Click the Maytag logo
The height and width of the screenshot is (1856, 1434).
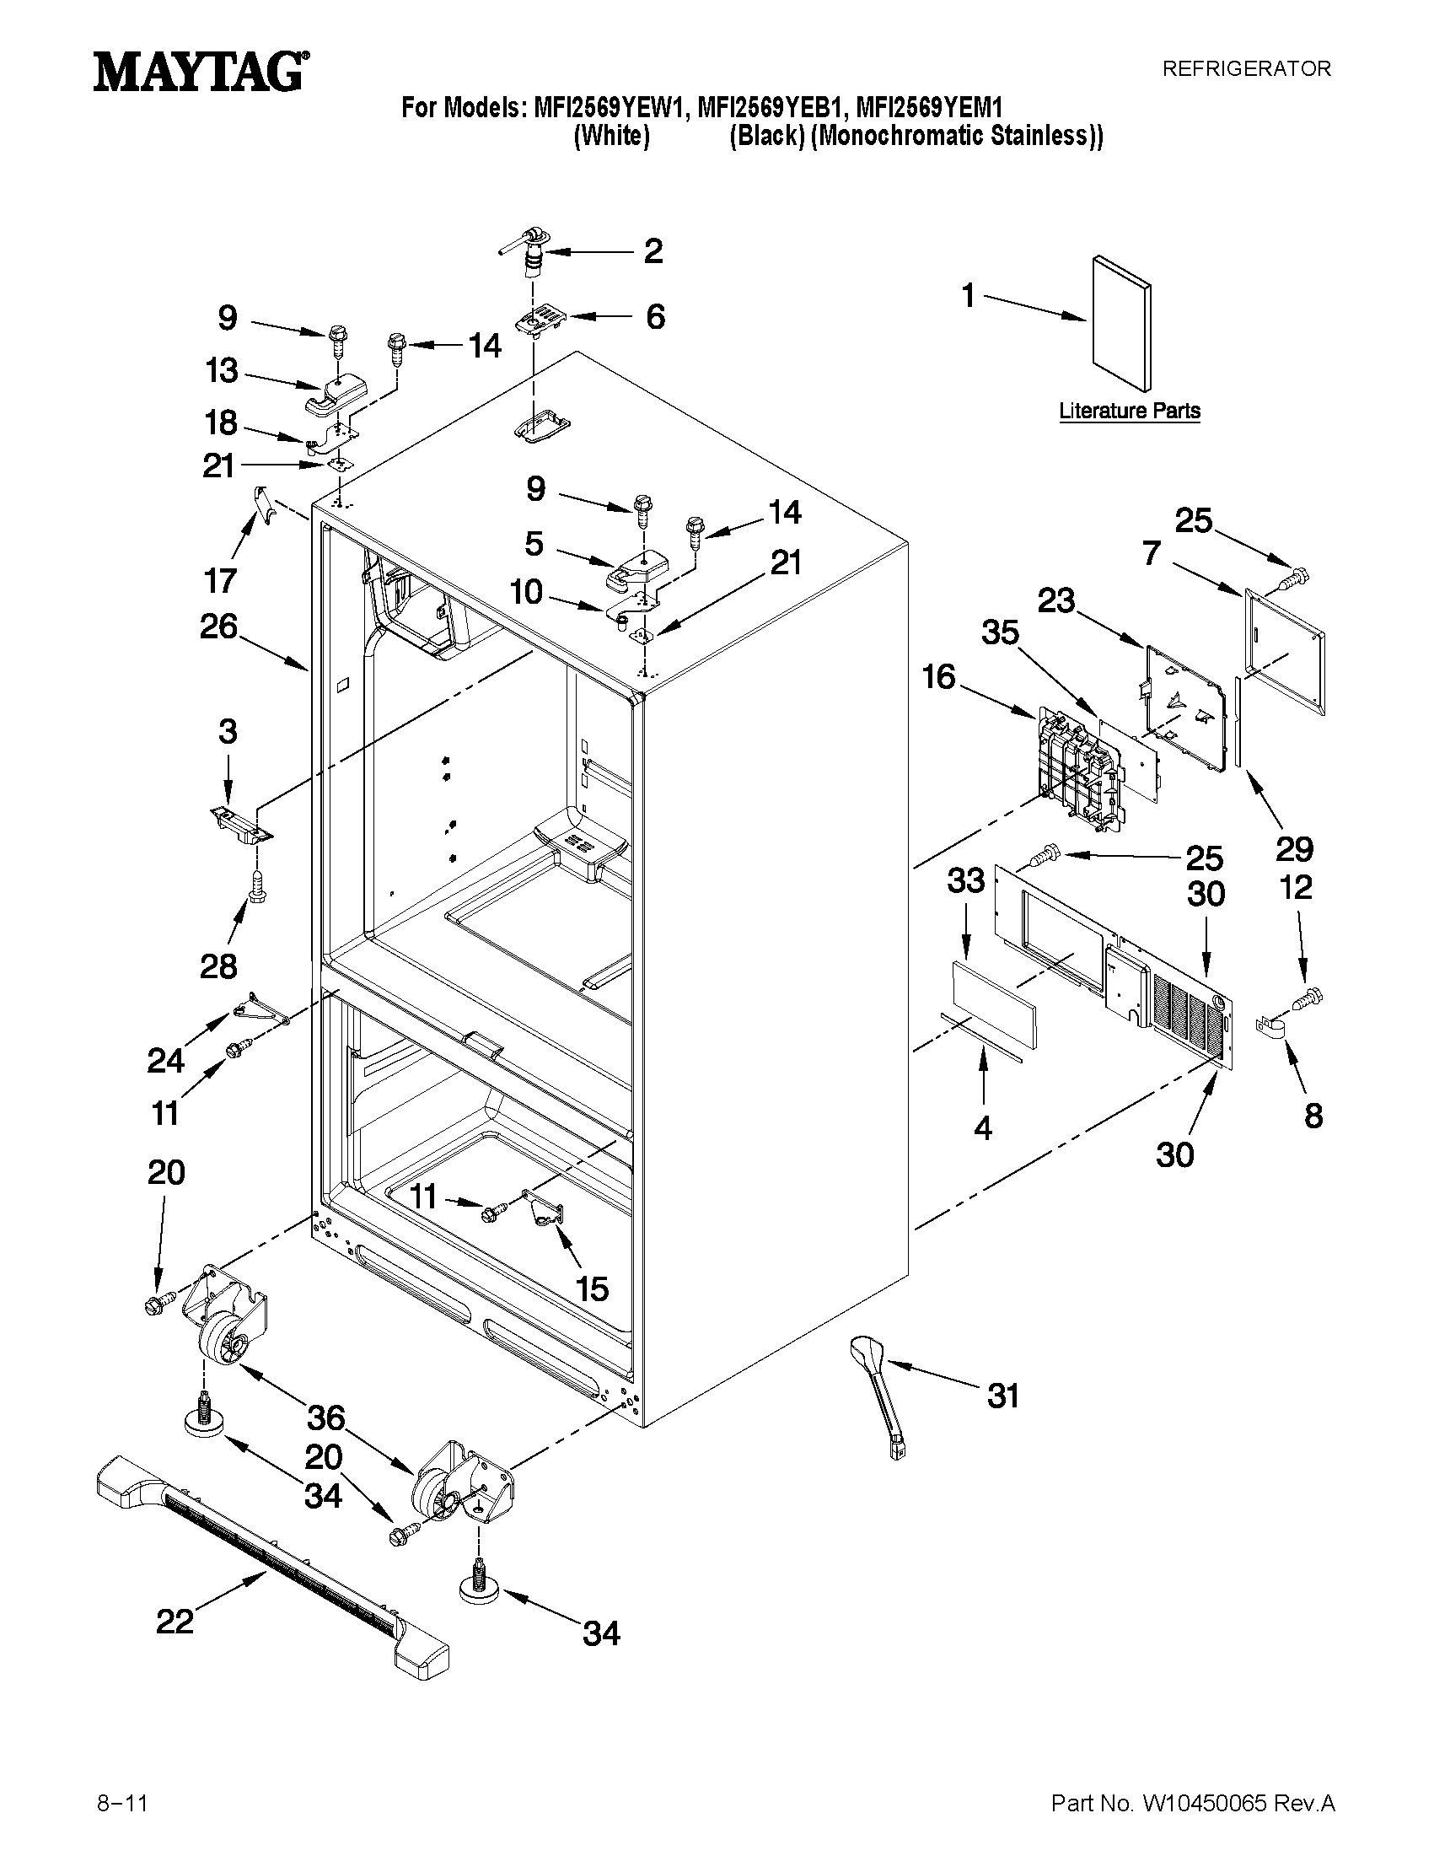[201, 72]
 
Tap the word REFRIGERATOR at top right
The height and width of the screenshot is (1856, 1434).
[1245, 69]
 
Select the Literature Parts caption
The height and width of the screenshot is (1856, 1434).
[1129, 412]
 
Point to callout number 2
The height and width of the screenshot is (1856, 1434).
[653, 250]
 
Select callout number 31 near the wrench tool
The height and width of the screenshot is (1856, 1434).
[1002, 1396]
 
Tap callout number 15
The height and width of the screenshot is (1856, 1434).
[592, 1288]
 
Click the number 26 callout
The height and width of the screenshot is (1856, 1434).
[218, 627]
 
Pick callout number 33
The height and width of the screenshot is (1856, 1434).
[966, 881]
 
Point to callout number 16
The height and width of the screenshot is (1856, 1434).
[940, 677]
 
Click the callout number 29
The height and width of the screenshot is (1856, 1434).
[1294, 848]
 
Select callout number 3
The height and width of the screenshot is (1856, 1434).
[228, 732]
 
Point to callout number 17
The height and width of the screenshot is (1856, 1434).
[220, 581]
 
